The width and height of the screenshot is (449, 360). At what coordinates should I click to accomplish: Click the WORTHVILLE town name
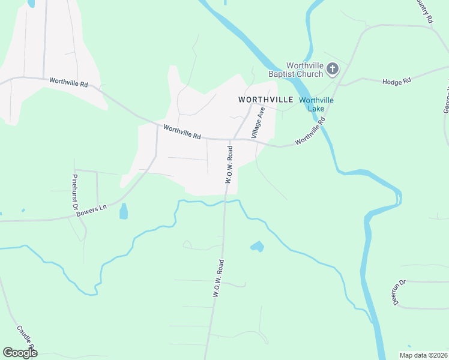point(265,99)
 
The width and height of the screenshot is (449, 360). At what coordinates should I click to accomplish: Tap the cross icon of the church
point(333,70)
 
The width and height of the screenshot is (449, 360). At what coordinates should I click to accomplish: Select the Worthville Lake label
point(316,104)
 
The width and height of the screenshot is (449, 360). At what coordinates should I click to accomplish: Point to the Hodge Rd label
point(396,80)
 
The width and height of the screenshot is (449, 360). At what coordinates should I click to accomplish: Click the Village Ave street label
point(258,123)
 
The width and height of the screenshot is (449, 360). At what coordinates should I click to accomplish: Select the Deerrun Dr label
point(399,292)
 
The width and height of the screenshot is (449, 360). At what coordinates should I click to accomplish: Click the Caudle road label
point(25,339)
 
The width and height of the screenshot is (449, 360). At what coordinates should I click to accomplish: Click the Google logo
point(20,353)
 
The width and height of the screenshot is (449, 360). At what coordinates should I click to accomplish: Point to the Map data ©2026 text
point(423,355)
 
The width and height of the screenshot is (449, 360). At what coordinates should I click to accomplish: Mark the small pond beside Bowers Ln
point(124,211)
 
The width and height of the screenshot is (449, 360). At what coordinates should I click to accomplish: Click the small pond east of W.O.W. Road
point(256,246)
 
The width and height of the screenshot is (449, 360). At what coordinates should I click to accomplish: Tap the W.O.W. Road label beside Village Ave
point(229,163)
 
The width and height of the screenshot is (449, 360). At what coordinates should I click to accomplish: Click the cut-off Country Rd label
point(424,11)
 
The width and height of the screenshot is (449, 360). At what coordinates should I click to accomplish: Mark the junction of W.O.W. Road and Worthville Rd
point(231,139)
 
